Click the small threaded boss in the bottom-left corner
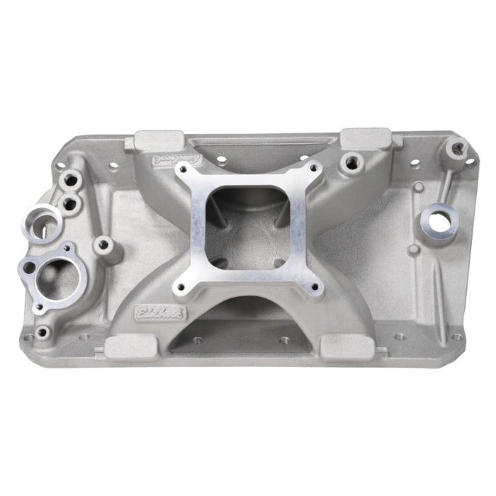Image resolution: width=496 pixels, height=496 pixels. pyautogui.click(x=43, y=331)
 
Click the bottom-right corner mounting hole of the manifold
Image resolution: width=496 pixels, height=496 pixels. pyautogui.click(x=456, y=337)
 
